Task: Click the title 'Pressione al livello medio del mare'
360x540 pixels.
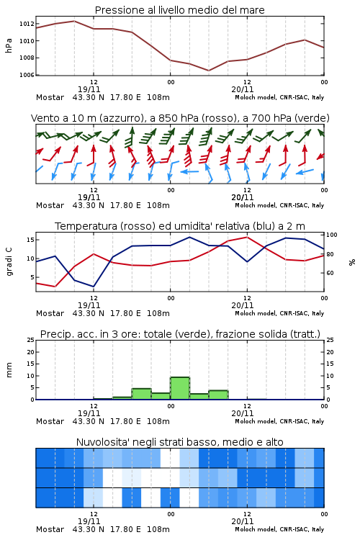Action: pos(179,10)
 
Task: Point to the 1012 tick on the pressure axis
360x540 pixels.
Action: pos(27,24)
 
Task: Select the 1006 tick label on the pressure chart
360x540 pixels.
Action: pos(27,75)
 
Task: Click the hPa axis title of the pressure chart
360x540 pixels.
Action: pos(9,45)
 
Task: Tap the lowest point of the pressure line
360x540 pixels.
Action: pos(209,71)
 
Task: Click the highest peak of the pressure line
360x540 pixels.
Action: pos(74,21)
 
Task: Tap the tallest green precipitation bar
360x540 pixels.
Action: pos(180,388)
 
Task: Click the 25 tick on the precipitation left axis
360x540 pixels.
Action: pos(31,340)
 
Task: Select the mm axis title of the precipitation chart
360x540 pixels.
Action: pos(9,370)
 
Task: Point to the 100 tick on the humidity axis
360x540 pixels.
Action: pos(332,235)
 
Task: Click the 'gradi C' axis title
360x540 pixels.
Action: pos(9,261)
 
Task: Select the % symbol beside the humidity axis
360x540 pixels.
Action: pos(352,262)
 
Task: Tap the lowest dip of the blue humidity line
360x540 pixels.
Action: pos(94,287)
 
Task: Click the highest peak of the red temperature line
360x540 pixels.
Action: pos(247,237)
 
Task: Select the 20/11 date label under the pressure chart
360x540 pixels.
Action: pos(243,89)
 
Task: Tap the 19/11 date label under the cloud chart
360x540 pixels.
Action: pos(89,521)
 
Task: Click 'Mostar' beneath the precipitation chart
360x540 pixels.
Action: pos(50,421)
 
